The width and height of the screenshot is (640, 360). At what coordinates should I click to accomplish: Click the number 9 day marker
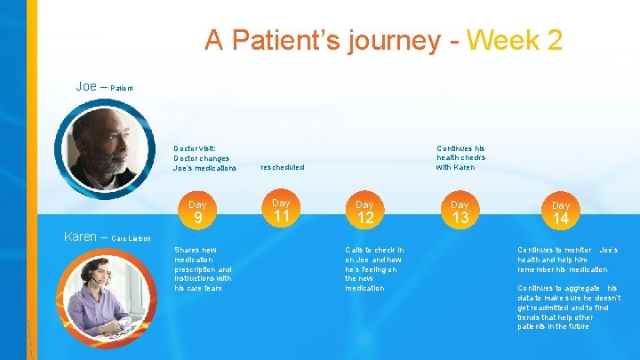pos(198,218)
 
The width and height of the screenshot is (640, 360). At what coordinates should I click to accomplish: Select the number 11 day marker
pos(282,216)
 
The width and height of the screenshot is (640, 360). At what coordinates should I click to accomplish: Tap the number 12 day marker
pos(365,218)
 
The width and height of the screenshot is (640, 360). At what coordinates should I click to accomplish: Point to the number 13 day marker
pos(460,218)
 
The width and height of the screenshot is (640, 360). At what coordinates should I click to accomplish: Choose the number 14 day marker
pos(561,218)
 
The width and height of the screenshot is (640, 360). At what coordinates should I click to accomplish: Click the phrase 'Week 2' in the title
pos(514,40)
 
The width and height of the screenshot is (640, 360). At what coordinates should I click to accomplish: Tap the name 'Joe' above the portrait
pos(86,86)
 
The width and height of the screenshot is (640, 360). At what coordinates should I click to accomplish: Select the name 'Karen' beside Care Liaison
pos(81,236)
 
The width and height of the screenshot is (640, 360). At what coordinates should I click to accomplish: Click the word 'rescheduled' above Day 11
pos(282,167)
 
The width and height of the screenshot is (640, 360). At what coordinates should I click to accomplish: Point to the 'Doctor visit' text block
pos(205,158)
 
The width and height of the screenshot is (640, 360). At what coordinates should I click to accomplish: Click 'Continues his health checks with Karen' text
pos(460,158)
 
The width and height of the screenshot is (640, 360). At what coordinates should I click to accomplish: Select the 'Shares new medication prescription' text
pos(204,268)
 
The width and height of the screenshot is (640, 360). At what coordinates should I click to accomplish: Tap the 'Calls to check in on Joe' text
pos(374,268)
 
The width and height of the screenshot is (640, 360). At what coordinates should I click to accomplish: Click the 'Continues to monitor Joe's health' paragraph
pos(567,260)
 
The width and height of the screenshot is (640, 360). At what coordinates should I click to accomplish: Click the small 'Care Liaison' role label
pos(132,238)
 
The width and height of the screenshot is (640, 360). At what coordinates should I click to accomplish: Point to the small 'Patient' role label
pos(122,88)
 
